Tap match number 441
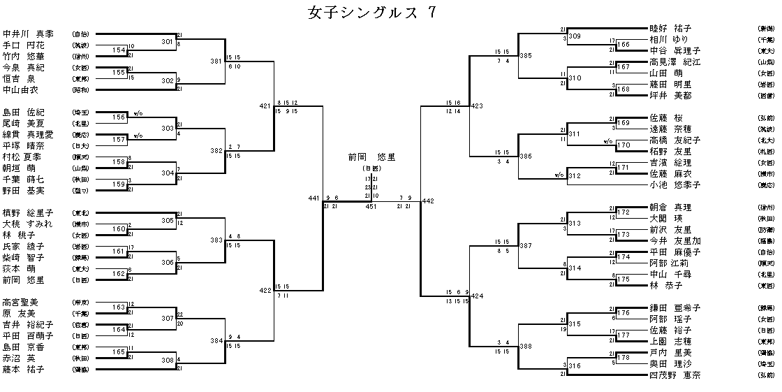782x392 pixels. (313, 198)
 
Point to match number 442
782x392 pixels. (428, 201)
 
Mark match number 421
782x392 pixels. (265, 106)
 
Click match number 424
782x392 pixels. (477, 296)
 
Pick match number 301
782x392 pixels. (167, 42)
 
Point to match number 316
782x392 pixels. (575, 366)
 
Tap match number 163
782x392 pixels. (119, 307)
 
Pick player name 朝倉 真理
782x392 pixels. (670, 208)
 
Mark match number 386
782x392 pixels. (526, 157)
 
